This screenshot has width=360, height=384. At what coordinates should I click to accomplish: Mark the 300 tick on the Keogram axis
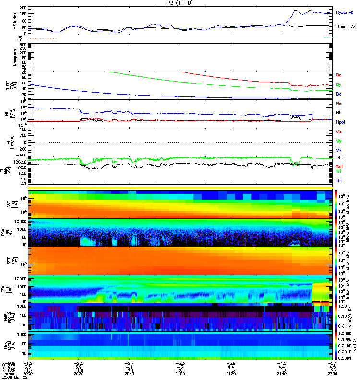[x=23, y=45]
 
